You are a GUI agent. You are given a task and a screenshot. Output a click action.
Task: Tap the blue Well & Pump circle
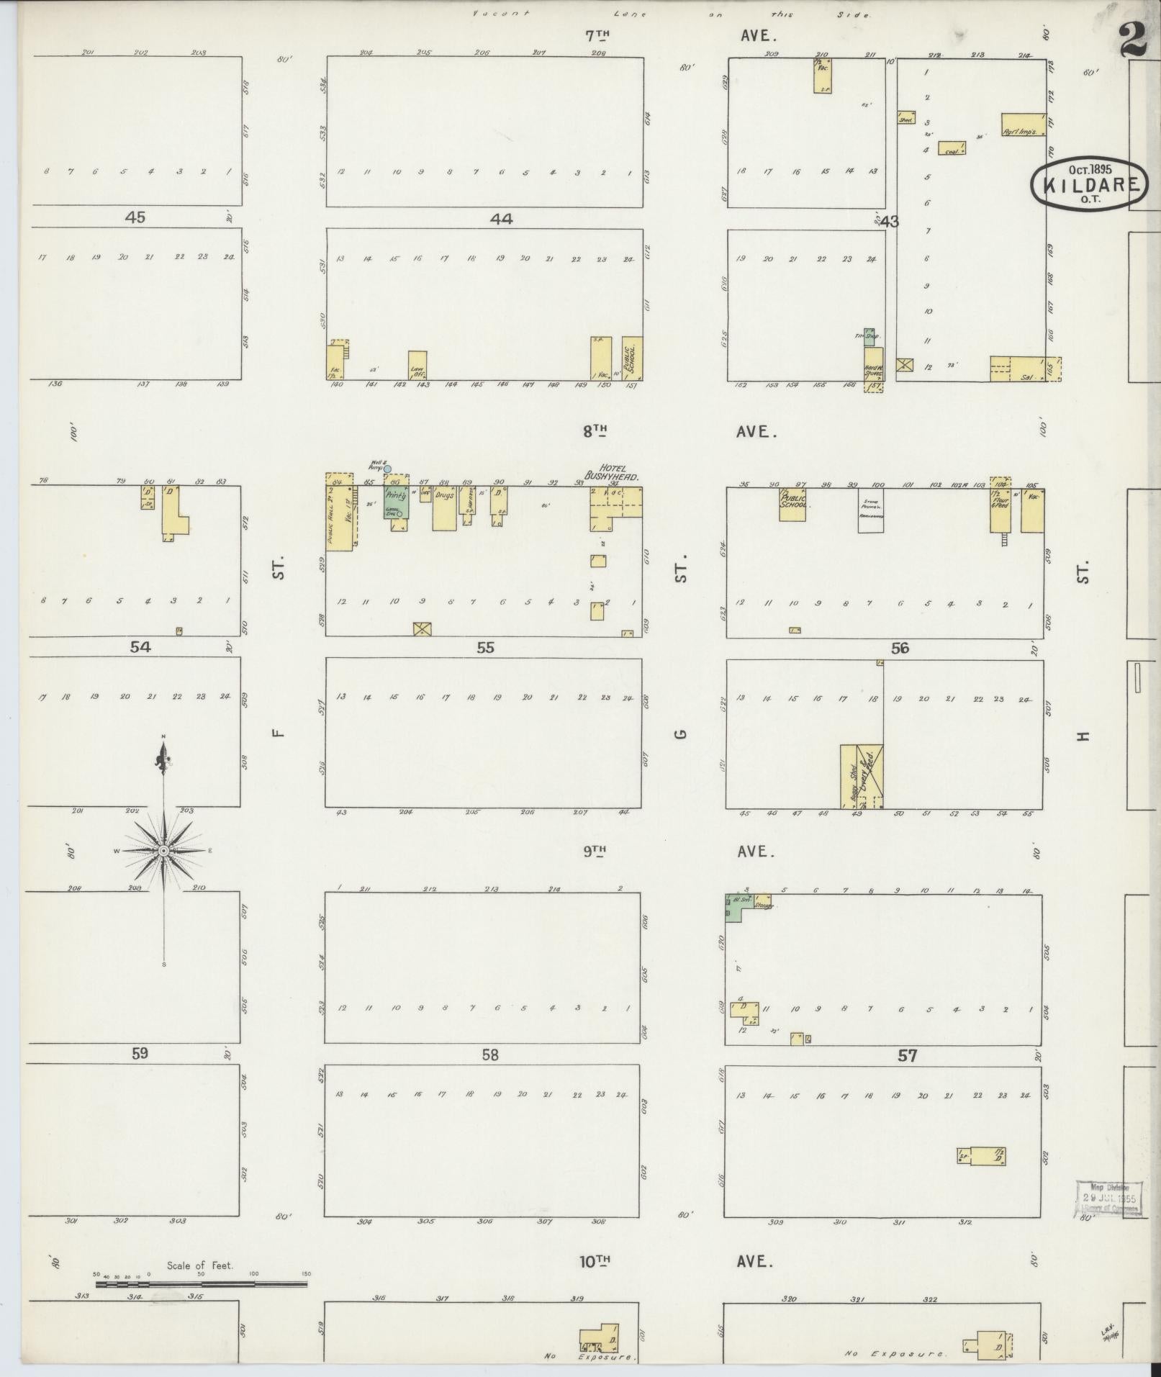click(x=387, y=469)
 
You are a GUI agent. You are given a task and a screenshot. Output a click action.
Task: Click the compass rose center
click(x=164, y=851)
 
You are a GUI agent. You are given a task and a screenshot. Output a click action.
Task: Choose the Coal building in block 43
click(x=951, y=148)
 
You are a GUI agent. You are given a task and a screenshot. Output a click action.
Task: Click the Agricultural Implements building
click(x=1023, y=125)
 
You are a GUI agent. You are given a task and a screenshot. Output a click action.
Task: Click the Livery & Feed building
click(x=869, y=776)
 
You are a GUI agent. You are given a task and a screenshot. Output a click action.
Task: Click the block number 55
click(x=486, y=648)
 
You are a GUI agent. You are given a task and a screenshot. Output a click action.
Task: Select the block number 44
click(x=501, y=219)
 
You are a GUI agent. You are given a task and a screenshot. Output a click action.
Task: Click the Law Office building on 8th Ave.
click(x=417, y=365)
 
